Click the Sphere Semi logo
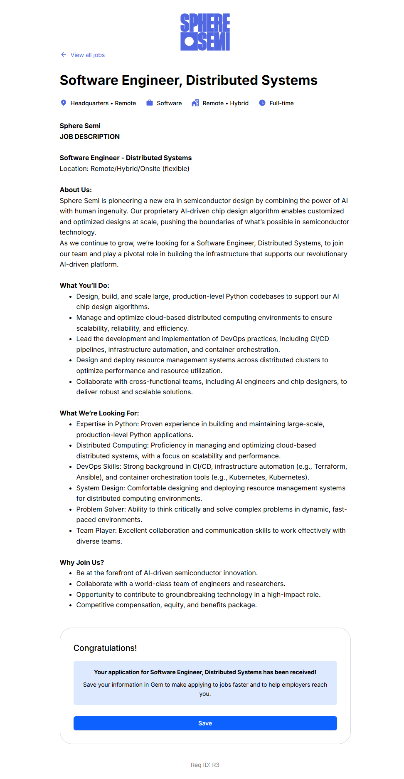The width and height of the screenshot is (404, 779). click(205, 32)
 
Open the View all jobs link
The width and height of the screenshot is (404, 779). click(87, 55)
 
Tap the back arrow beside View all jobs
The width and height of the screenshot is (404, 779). click(64, 54)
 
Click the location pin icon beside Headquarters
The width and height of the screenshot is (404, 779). click(64, 103)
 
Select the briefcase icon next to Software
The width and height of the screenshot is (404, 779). click(150, 103)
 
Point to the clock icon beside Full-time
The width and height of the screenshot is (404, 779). click(262, 103)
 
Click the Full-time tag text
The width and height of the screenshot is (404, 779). click(281, 103)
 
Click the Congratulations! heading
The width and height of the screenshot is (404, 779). click(105, 648)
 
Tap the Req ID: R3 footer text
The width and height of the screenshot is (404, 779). click(205, 765)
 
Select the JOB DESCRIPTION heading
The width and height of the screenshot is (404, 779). click(90, 136)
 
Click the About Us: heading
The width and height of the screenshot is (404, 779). click(76, 190)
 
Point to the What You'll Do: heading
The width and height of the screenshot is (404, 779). click(84, 285)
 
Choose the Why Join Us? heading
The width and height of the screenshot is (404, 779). click(82, 562)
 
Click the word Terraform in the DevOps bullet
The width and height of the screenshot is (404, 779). click(330, 467)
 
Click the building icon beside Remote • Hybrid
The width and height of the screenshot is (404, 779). click(195, 103)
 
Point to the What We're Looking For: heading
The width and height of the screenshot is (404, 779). click(99, 413)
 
